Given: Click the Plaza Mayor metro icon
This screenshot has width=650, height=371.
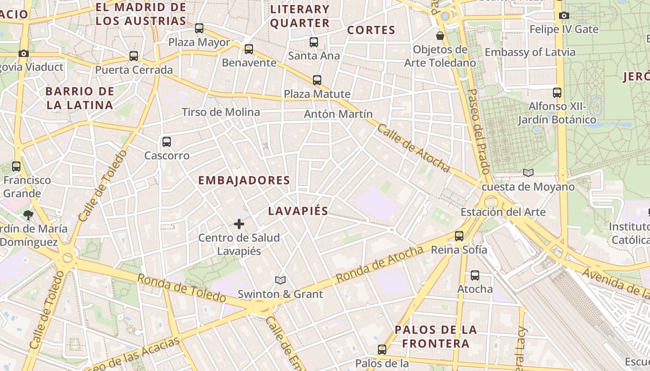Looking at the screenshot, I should [x=199, y=28].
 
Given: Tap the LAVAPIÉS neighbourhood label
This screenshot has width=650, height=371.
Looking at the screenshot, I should [x=298, y=211].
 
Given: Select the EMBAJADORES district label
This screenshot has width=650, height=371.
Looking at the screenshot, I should [x=244, y=180].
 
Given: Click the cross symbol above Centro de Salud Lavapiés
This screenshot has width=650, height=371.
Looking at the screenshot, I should [x=239, y=224].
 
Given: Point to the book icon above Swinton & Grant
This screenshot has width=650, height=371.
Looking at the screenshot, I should [x=280, y=280].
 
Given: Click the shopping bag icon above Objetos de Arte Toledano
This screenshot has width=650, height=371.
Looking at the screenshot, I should [x=440, y=36].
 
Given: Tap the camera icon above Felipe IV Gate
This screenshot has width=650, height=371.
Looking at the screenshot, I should [x=564, y=16].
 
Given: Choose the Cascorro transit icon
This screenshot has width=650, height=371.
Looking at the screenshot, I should [x=167, y=142].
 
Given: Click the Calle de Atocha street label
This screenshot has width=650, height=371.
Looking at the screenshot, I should [x=413, y=148].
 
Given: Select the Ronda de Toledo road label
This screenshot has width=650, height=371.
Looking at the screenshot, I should [x=182, y=288].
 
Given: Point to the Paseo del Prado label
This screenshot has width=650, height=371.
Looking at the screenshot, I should [x=479, y=131].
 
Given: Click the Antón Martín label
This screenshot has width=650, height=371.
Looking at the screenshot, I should [x=338, y=114].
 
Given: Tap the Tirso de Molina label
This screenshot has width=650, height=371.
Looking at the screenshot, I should [x=221, y=112].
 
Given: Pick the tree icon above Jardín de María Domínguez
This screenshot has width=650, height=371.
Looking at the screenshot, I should [x=28, y=215].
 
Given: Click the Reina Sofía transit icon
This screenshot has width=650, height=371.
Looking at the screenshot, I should [x=459, y=236].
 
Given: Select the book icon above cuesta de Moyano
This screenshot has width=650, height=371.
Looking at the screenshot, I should [x=528, y=173].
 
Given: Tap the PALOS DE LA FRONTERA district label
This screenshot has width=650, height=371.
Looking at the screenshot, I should [x=435, y=337].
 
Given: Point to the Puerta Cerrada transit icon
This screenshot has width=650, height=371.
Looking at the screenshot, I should [x=134, y=56].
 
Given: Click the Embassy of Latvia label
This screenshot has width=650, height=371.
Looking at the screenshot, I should [x=530, y=52].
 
